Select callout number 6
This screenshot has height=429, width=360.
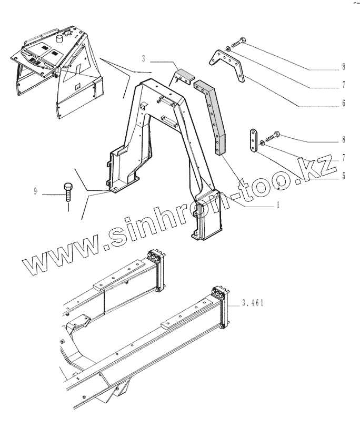[x=343, y=104]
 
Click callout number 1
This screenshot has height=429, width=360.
[x=277, y=206]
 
